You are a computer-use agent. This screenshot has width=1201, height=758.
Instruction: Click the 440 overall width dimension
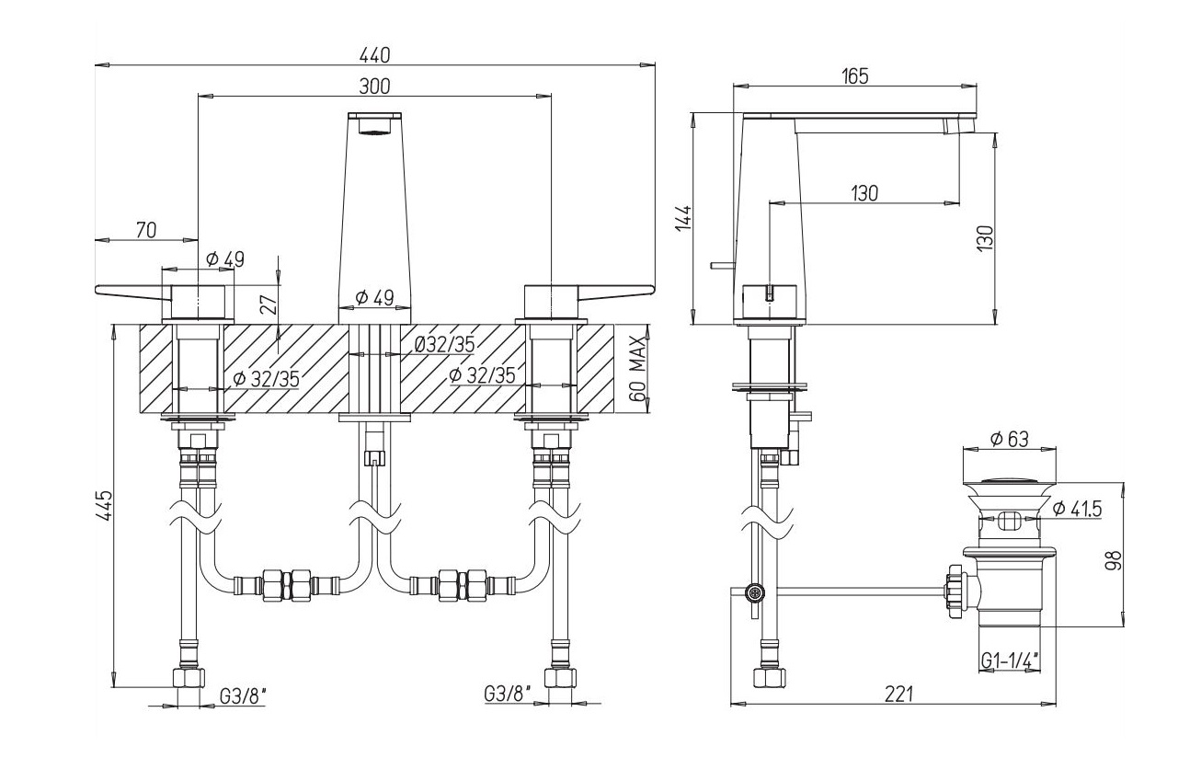pyautogui.click(x=376, y=54)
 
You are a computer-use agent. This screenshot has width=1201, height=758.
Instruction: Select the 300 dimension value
pyautogui.click(x=374, y=86)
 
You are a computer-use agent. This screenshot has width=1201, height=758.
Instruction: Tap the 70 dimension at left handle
pyautogui.click(x=145, y=231)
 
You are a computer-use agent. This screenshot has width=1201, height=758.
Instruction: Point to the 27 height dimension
pyautogui.click(x=267, y=303)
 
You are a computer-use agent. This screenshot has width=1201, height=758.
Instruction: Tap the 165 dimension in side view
pyautogui.click(x=854, y=76)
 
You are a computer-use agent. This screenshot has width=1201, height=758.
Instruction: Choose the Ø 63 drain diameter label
pyautogui.click(x=1009, y=440)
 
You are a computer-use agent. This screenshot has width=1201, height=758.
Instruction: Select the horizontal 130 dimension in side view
pyautogui.click(x=864, y=193)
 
